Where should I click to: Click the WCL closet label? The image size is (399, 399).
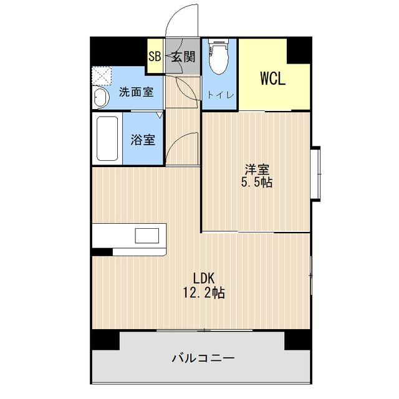(x=272, y=79)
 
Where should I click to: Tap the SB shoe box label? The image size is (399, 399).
(x=155, y=57)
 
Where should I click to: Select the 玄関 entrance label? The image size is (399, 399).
(x=184, y=57)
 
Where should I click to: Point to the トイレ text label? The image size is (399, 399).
(x=221, y=95)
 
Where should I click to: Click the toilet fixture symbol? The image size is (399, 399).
(x=219, y=59)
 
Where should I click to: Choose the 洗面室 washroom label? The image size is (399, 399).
(x=136, y=92)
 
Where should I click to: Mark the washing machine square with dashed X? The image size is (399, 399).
(x=100, y=77)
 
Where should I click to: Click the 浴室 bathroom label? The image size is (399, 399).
(x=143, y=140)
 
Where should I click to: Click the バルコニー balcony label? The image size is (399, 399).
(x=203, y=358)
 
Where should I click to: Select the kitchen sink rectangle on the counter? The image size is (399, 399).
(x=148, y=236)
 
